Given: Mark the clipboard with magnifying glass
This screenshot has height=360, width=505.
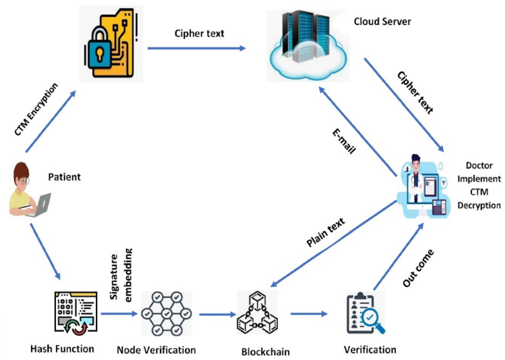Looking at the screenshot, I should coord(366,314).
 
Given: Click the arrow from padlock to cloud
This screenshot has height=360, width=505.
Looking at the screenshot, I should coord(195,49).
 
